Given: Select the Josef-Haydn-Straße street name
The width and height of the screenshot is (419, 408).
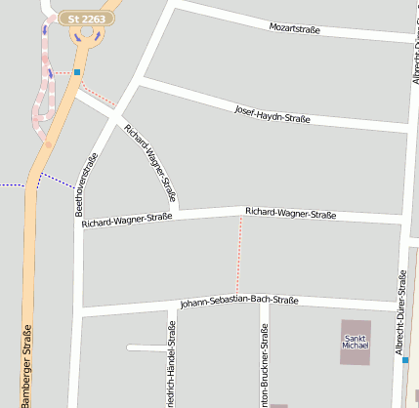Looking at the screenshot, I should pos(272,114).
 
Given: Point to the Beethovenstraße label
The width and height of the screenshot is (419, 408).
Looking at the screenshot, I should pos(86,184).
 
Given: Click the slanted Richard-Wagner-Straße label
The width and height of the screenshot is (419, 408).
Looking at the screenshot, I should pos(150,163).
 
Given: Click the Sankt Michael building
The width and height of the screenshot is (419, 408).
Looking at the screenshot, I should pos(356,342).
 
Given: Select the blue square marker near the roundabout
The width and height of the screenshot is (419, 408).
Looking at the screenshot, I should pos(76,72).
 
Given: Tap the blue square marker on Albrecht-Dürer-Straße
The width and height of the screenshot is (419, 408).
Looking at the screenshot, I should pos(405,359).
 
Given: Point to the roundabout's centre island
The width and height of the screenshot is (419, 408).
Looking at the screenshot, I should pos(86,31).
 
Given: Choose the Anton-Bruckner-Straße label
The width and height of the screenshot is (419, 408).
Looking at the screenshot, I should pos(264,366).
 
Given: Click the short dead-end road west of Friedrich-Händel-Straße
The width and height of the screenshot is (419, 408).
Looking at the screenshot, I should pos(147,347).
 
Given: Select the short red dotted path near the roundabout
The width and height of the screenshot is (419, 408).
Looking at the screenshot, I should pos(98,94).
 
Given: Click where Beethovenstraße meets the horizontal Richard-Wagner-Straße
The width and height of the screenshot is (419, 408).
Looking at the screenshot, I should pos(79,222).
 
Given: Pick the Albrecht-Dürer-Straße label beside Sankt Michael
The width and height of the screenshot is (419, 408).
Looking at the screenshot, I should pos(400,312).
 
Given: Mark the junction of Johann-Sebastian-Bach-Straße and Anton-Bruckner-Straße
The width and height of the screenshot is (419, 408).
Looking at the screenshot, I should pos(264,305).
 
